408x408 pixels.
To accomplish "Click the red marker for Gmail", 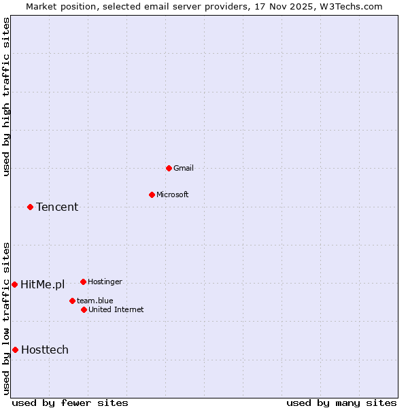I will click(169, 168).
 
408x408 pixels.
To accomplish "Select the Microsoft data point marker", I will click(152, 194).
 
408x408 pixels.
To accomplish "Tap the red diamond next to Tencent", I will click(30, 207).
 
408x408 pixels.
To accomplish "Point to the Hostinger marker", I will click(83, 282).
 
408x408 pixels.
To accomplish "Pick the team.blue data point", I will click(72, 301).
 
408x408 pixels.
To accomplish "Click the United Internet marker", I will click(84, 309).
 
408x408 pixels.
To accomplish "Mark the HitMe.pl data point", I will click(14, 284).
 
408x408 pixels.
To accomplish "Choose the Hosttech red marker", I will click(15, 350).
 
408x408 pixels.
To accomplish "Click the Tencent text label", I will click(57, 207).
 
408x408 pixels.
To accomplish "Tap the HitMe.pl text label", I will click(42, 284).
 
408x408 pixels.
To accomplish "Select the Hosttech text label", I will click(45, 350).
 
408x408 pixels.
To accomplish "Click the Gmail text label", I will click(184, 168).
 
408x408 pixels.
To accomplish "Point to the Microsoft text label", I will click(173, 194).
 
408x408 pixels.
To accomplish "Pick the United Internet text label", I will click(116, 309).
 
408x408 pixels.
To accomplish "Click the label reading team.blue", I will click(95, 301).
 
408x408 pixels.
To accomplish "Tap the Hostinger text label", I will click(105, 282).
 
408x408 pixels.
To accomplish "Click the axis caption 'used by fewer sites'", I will click(70, 403).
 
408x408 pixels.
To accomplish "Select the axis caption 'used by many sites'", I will click(341, 403).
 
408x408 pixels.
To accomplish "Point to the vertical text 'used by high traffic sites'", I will click(6, 97).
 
